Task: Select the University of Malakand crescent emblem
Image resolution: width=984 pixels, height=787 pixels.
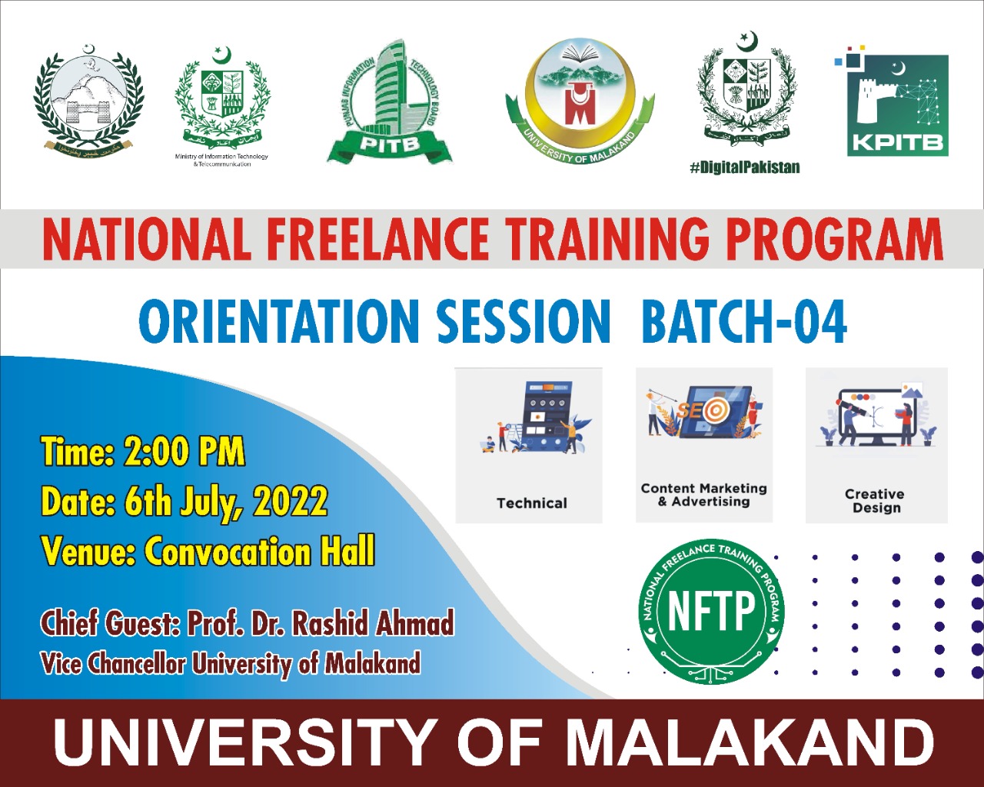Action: [x=580, y=100]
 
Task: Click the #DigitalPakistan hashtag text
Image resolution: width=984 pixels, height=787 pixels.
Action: [x=745, y=167]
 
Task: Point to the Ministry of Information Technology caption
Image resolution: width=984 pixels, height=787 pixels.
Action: [x=221, y=160]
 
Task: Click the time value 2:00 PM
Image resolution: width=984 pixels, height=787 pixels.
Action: [x=184, y=452]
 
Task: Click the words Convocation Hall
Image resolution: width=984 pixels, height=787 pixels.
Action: [x=260, y=552]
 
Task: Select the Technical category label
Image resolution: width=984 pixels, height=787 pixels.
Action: [x=531, y=503]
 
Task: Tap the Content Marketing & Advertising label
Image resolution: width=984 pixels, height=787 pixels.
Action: [x=703, y=495]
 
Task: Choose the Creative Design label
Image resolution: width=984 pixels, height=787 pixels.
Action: [x=875, y=500]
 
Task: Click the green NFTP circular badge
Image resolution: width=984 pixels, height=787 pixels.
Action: [x=711, y=611]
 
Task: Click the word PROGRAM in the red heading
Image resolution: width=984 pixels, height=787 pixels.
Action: [x=834, y=239]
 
